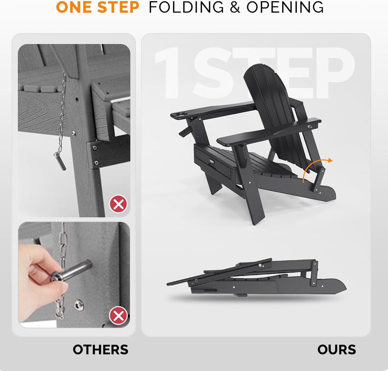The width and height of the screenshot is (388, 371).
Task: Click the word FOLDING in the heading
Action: point(186,7)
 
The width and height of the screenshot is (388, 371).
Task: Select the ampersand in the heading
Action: point(235,7)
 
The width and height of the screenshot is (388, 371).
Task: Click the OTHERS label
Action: point(100,350)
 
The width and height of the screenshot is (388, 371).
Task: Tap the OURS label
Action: point(337,350)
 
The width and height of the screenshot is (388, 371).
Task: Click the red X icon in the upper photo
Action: point(118,204)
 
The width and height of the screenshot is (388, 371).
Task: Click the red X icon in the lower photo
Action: point(118,316)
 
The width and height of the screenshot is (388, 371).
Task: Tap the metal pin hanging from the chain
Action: point(60,161)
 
